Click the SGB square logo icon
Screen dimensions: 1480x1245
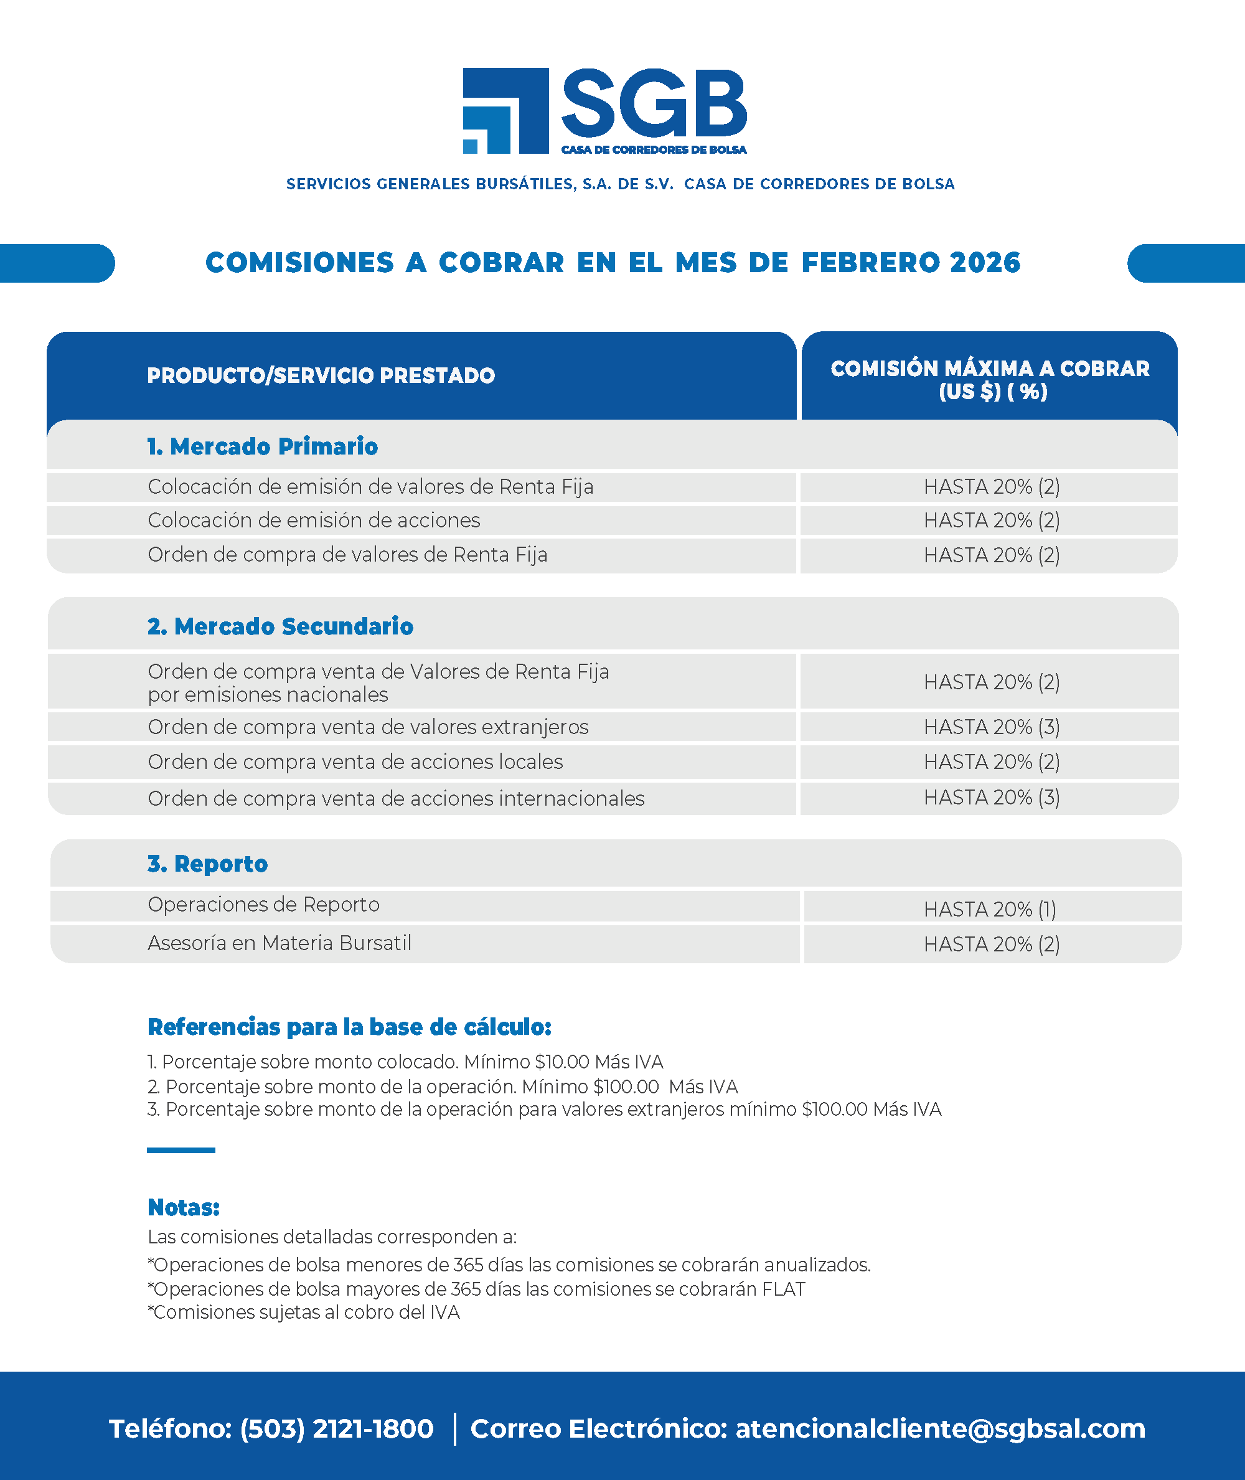pyautogui.click(x=505, y=111)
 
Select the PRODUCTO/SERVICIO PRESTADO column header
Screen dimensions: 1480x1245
pyautogui.click(x=321, y=375)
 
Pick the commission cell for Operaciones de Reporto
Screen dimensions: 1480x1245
pyautogui.click(x=990, y=909)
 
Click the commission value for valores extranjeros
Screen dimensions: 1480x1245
pyautogui.click(x=991, y=727)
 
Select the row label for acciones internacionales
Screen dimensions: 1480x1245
pyautogui.click(x=395, y=798)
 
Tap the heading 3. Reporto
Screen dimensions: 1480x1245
pyautogui.click(x=207, y=863)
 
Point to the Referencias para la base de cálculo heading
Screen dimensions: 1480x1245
pyautogui.click(x=349, y=1027)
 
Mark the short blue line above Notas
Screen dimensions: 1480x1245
pyautogui.click(x=181, y=1150)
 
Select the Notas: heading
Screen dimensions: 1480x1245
pyautogui.click(x=184, y=1207)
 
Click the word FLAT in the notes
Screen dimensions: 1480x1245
pyautogui.click(x=782, y=1289)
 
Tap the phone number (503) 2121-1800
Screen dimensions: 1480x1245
pyautogui.click(x=337, y=1428)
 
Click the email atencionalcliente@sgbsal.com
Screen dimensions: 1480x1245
pyautogui.click(x=940, y=1428)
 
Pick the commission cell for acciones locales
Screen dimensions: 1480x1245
pyautogui.click(x=991, y=762)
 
